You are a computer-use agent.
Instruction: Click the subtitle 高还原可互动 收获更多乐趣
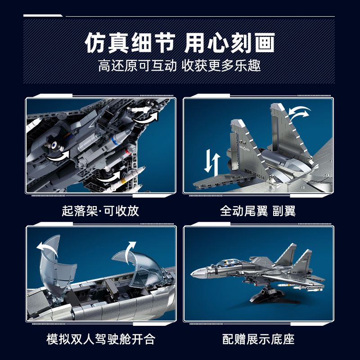tap(180, 67)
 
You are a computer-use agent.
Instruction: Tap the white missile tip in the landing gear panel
tap(140, 171)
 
